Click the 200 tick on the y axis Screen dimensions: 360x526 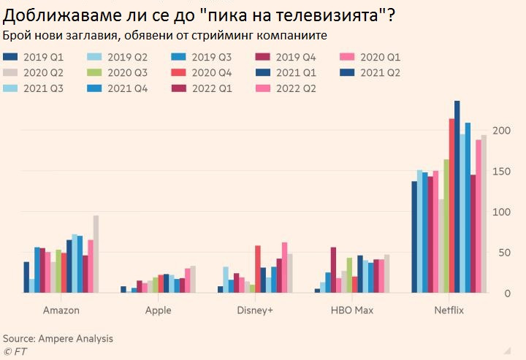click(x=498, y=130)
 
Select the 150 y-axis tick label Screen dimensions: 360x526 click(x=498, y=171)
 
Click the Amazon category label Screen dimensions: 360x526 click(x=61, y=310)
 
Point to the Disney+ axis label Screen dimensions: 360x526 click(x=256, y=310)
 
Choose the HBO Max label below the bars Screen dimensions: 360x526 click(x=353, y=310)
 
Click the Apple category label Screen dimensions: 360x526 click(x=159, y=310)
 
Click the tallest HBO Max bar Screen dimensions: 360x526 click(x=333, y=270)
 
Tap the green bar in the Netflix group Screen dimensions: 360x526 click(x=446, y=226)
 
